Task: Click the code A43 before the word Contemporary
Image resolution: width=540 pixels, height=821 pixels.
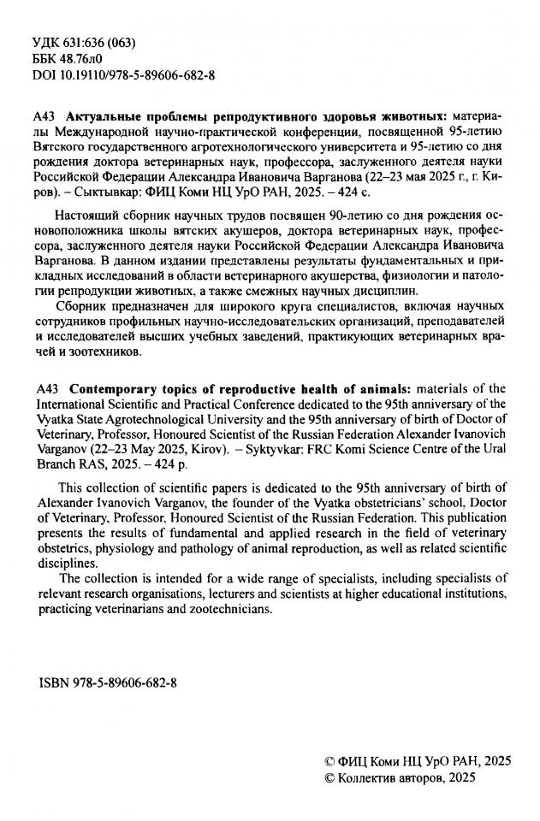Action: (51, 390)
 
